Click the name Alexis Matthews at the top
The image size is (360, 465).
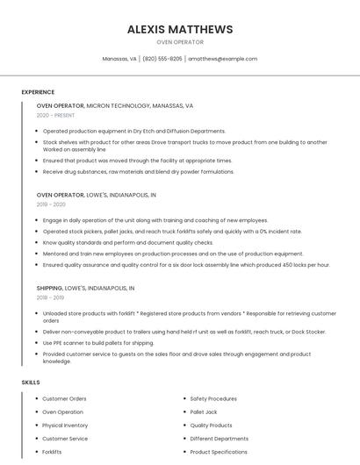pos(180,29)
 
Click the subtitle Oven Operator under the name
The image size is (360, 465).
pos(180,42)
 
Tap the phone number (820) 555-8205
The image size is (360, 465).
pos(162,59)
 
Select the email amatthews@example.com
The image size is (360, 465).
pos(222,59)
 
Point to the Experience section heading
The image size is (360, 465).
pos(38,92)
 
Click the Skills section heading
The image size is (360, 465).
pos(31,383)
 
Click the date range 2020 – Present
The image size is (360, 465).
pos(55,115)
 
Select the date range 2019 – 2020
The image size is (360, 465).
pos(51,204)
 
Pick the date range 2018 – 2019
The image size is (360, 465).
pos(50,297)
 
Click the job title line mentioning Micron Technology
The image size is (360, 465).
pos(115,105)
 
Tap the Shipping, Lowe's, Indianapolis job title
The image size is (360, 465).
pos(85,288)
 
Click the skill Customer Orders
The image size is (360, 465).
pos(64,398)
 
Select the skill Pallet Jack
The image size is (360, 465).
pos(204,411)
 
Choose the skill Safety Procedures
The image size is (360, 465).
pos(213,398)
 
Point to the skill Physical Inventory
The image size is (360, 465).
pos(65,426)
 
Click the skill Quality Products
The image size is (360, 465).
pos(212,426)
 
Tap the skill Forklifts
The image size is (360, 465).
pos(52,452)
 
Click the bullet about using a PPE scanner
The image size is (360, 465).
pos(98,343)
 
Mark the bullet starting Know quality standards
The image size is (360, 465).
pos(128,242)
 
